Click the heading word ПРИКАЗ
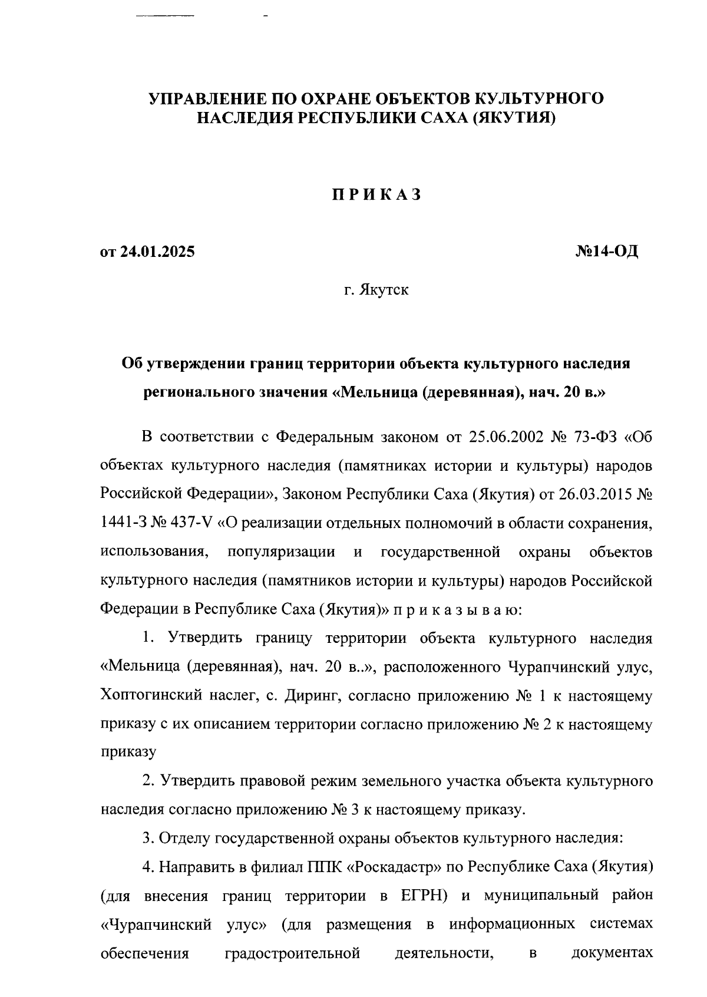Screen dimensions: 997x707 tap(376, 195)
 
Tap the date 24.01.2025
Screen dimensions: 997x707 tap(157, 252)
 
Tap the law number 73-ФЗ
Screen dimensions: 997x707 tap(597, 437)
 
